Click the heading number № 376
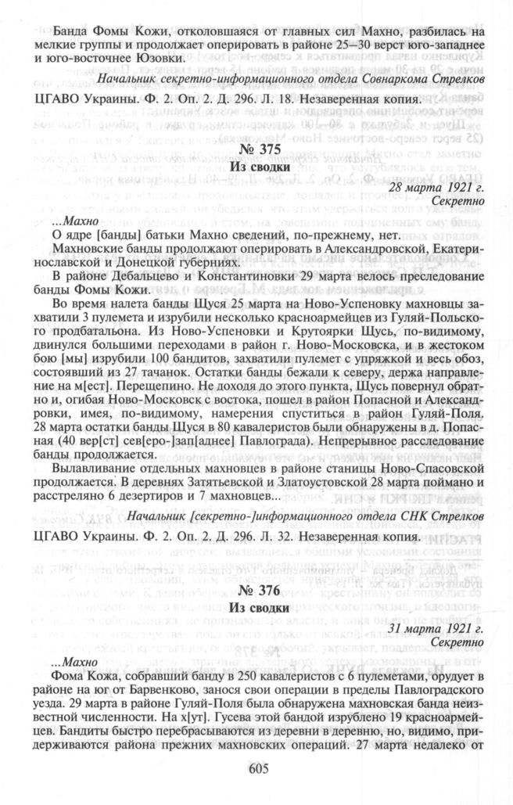point(256,591)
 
